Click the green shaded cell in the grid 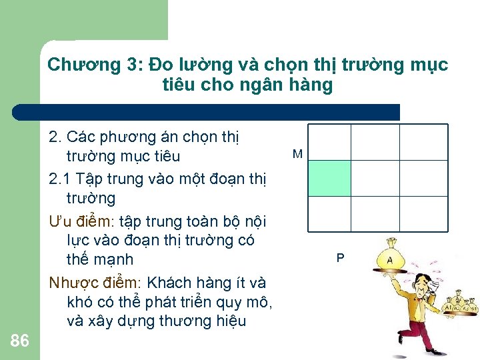329,178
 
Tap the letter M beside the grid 297,155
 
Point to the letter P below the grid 341,257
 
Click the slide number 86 20,341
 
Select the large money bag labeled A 389,257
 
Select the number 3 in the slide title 132,65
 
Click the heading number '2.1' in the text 61,178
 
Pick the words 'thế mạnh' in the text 100,259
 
